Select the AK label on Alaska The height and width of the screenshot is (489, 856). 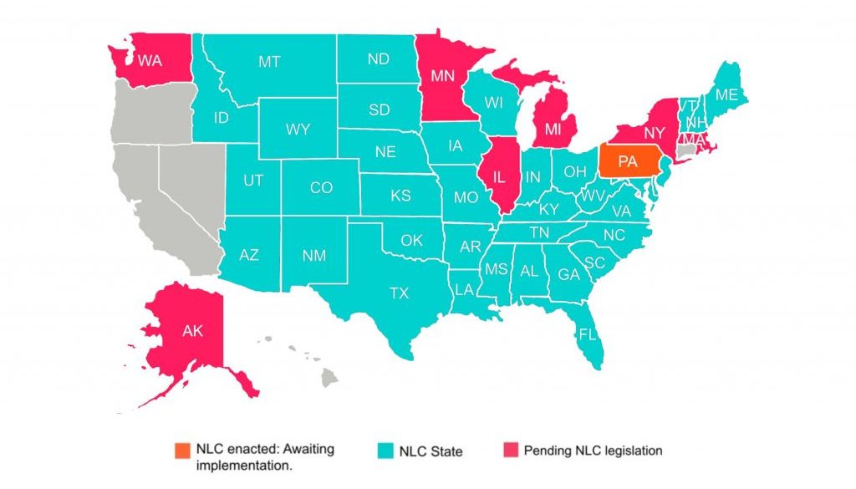pos(192,330)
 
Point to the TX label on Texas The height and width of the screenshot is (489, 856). pos(400,293)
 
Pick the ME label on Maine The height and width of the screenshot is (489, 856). pos(726,95)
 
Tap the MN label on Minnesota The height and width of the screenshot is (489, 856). pos(442,75)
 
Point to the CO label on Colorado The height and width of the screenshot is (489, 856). pos(321,188)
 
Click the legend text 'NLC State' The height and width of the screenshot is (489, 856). pos(427,451)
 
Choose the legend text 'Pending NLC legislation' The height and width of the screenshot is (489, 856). pos(593,451)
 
